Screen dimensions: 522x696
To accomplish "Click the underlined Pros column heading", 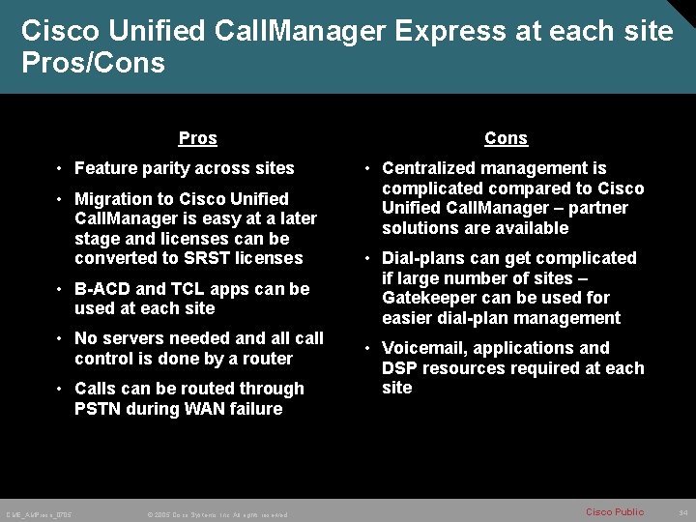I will click(x=198, y=138).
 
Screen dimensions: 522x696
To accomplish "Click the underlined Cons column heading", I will click(x=506, y=138).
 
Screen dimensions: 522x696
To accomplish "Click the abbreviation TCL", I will click(x=189, y=289).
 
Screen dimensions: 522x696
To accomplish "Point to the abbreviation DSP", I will click(x=401, y=368).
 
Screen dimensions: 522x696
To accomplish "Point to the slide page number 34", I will click(x=683, y=511).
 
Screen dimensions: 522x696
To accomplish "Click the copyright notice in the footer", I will click(x=217, y=513).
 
